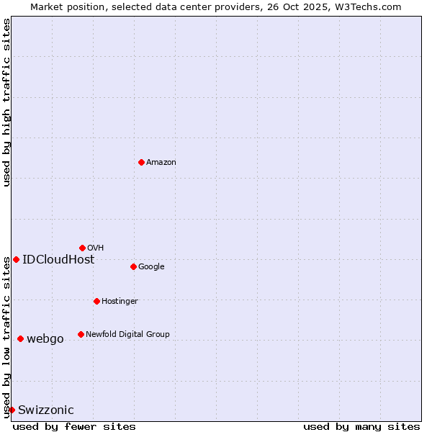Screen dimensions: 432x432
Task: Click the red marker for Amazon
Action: pos(141,162)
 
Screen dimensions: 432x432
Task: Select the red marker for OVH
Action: pos(82,248)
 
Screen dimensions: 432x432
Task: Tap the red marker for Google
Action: pos(133,266)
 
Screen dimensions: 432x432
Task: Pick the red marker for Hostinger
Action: pos(96,301)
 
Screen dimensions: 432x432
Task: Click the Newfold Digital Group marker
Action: pos(81,334)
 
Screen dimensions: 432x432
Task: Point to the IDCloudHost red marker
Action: pos(16,259)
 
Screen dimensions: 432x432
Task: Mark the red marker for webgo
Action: pos(20,338)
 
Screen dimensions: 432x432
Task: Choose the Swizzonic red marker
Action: pos(12,410)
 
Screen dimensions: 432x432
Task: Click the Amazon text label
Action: pos(161,163)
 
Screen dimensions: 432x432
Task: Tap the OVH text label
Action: pos(96,248)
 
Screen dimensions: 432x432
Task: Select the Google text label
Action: pos(151,267)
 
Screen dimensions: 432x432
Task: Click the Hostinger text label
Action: pos(120,302)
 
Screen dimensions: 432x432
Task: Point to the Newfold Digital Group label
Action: pos(127,335)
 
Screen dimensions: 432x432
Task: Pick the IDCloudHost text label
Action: pos(58,260)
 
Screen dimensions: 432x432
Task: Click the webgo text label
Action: pos(45,339)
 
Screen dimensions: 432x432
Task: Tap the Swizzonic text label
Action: pos(46,410)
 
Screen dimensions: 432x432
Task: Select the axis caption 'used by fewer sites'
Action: pos(74,426)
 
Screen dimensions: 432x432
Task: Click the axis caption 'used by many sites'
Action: pos(361,426)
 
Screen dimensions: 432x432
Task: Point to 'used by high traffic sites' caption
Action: pos(6,102)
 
